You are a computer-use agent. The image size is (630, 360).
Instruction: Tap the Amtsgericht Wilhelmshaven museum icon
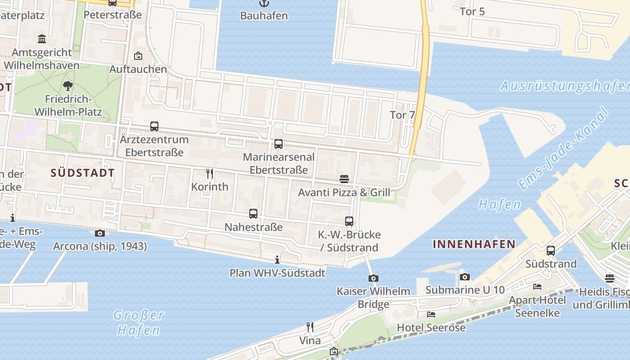42,39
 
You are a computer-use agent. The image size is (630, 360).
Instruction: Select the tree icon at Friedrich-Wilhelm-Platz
68,85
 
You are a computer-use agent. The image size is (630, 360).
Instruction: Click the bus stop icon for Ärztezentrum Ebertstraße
154,126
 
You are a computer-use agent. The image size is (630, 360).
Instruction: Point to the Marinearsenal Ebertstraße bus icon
279,144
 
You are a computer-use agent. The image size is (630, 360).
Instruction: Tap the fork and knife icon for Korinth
209,173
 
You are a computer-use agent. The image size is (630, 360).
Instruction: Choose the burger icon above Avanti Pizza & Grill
344,179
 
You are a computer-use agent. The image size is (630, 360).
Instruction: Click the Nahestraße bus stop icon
253,214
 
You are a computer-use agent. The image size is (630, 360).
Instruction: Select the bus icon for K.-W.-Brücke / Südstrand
349,221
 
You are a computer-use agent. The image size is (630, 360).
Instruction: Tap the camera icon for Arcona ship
100,233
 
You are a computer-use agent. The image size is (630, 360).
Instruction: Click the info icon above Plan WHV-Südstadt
277,260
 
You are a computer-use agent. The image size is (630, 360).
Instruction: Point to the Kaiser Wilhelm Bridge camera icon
373,279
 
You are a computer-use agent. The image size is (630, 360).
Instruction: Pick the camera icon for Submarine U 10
465,277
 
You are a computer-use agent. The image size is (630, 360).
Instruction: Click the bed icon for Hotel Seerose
431,315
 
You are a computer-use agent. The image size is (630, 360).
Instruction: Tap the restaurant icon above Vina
310,327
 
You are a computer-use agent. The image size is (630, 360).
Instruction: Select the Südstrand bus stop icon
551,251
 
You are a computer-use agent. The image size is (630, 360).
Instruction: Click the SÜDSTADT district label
82,173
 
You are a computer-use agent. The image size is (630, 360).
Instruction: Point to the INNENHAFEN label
474,244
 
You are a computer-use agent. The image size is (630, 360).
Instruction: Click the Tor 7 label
402,115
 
